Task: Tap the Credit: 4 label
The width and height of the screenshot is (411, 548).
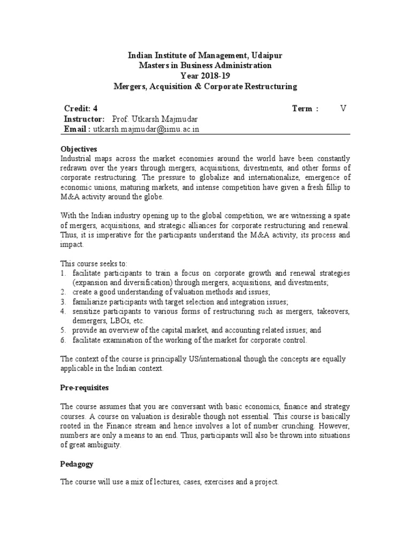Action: (x=81, y=109)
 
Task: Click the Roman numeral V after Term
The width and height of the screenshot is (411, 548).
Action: (x=343, y=109)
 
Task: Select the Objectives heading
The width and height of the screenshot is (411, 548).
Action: (x=79, y=149)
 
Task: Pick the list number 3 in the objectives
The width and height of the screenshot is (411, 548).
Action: (x=63, y=301)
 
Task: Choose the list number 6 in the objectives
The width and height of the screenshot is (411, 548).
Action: (x=63, y=340)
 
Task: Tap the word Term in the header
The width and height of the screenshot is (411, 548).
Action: (x=302, y=109)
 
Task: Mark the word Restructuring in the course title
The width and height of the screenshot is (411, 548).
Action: (x=266, y=86)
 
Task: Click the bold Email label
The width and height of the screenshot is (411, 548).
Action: (x=78, y=130)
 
